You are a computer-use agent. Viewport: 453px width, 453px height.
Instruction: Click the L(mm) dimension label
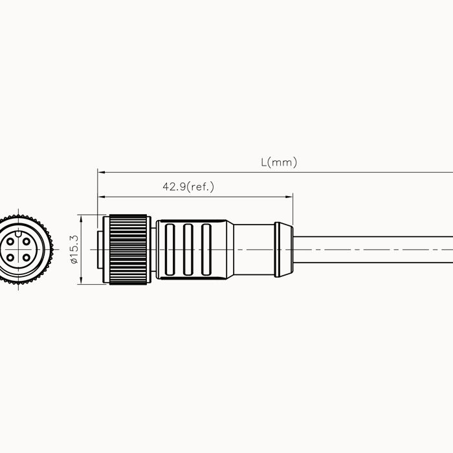click(279, 162)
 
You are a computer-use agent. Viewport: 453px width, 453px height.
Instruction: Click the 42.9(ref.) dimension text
click(188, 187)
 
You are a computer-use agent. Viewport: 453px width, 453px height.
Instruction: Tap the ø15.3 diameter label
click(74, 249)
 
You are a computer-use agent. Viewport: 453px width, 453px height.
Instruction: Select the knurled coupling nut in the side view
click(129, 249)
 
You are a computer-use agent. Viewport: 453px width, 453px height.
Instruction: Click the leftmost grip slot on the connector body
click(170, 249)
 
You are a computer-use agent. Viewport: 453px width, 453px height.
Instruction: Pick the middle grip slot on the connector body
click(188, 249)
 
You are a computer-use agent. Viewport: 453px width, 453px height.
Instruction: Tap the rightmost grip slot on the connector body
click(206, 249)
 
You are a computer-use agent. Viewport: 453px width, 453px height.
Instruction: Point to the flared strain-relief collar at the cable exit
click(283, 249)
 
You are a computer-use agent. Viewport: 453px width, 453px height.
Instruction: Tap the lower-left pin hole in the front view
click(11, 258)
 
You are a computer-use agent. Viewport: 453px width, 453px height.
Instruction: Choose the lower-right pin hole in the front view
click(27, 258)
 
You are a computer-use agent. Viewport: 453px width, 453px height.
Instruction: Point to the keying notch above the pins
click(19, 232)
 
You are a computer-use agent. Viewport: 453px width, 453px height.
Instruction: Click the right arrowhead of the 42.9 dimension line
click(290, 197)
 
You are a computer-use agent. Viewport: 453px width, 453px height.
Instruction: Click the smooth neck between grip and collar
click(254, 249)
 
